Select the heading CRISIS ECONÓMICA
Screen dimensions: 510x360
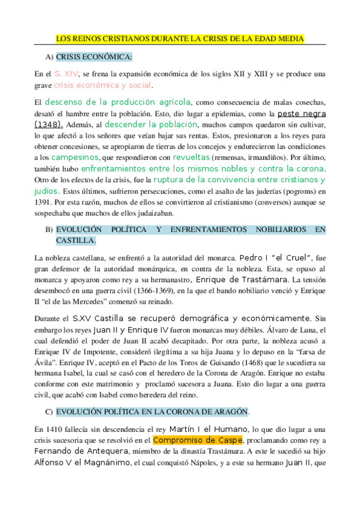coord(94,57)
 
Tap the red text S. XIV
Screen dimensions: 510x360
coord(66,74)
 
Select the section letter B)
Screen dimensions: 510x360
coord(49,229)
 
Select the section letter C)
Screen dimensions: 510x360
coord(49,412)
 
